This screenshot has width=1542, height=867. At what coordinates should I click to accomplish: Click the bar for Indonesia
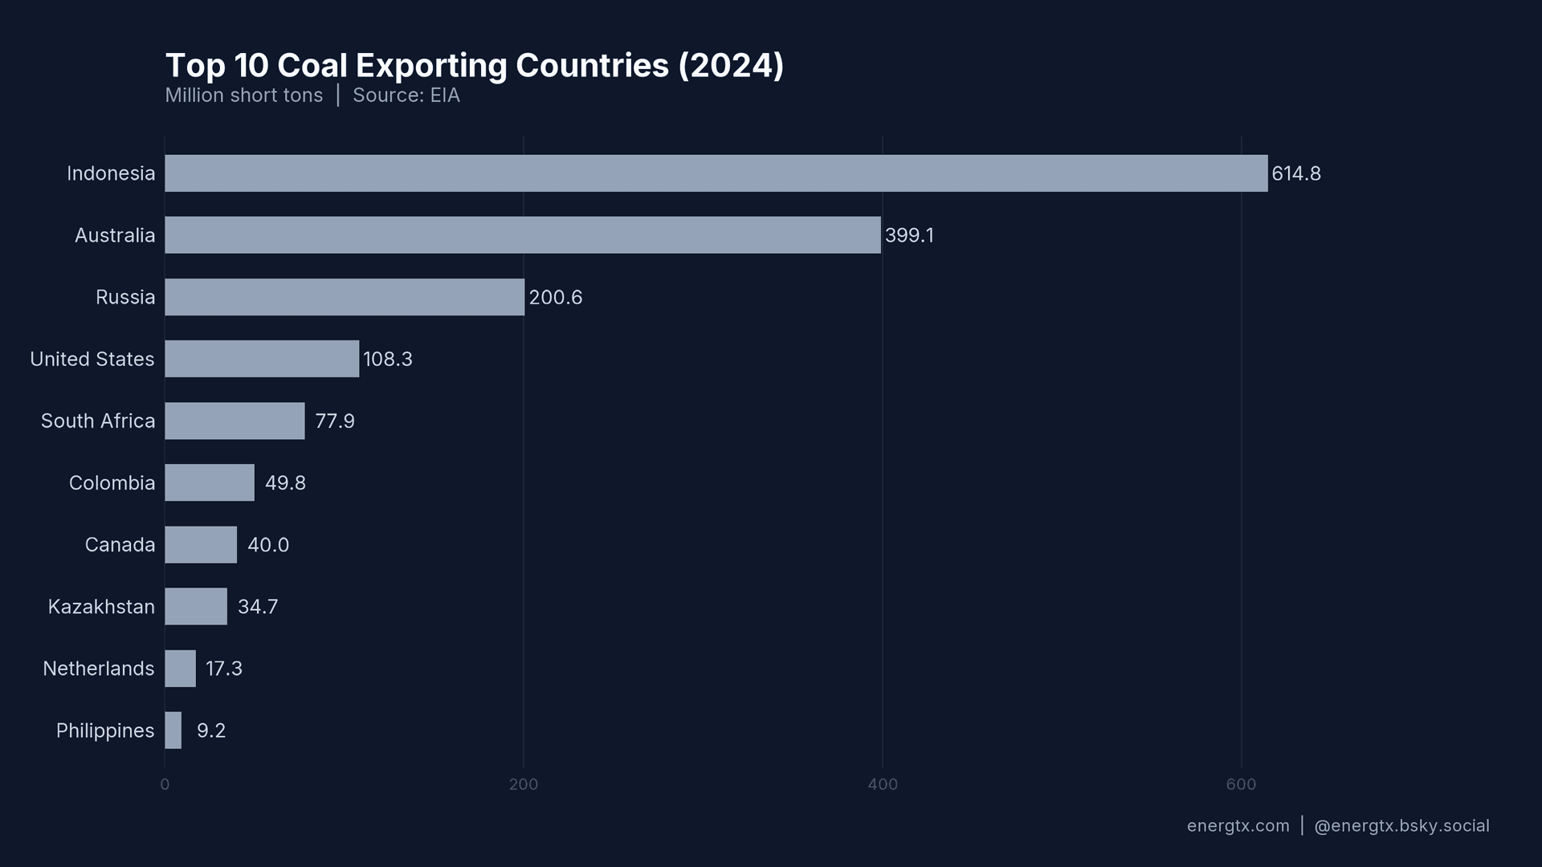(x=716, y=173)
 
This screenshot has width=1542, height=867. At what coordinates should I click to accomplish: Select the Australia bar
(x=523, y=235)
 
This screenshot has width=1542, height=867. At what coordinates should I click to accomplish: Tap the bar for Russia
(x=345, y=297)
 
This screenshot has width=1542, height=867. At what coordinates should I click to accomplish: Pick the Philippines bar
(x=173, y=731)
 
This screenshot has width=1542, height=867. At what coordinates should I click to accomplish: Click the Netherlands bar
(x=181, y=669)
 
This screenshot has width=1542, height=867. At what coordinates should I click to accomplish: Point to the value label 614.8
(x=1295, y=174)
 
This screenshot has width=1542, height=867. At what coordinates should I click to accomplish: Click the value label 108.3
(x=387, y=360)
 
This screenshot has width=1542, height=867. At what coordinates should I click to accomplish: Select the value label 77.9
(x=334, y=421)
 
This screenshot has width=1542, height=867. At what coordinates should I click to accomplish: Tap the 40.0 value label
(x=267, y=545)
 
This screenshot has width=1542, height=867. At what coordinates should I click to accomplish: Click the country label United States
(x=92, y=360)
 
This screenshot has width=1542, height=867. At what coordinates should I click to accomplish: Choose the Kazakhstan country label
(x=101, y=607)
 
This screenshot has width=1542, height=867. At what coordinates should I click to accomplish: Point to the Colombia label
(x=112, y=483)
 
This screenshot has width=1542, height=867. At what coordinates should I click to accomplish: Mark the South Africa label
(x=98, y=421)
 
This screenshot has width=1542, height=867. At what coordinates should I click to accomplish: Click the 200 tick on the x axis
(x=524, y=784)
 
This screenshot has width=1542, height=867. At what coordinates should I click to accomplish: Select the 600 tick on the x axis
(x=1241, y=784)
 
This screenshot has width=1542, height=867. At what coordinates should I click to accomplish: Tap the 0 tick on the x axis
(x=165, y=784)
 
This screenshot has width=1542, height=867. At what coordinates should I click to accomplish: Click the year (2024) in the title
(x=731, y=66)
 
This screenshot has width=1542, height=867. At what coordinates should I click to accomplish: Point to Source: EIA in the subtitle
(x=406, y=96)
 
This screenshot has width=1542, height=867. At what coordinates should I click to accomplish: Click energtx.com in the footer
(x=1238, y=826)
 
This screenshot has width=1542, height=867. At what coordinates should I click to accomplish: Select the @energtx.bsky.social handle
(x=1401, y=826)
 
